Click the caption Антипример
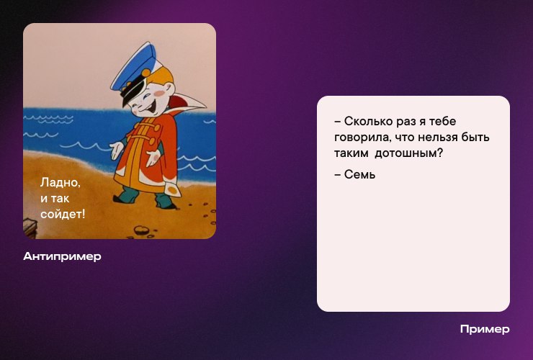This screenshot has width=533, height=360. pyautogui.click(x=62, y=256)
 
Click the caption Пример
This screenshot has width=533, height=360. pyautogui.click(x=485, y=329)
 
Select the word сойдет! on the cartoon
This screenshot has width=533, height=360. pyautogui.click(x=63, y=214)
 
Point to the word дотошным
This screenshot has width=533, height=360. pyautogui.click(x=409, y=153)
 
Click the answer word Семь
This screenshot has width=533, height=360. pyautogui.click(x=359, y=174)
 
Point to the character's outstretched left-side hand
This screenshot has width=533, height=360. pyautogui.click(x=117, y=150)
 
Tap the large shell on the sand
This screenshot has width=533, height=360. pyautogui.click(x=141, y=230)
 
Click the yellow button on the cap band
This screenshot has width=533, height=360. pyautogui.click(x=146, y=73)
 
